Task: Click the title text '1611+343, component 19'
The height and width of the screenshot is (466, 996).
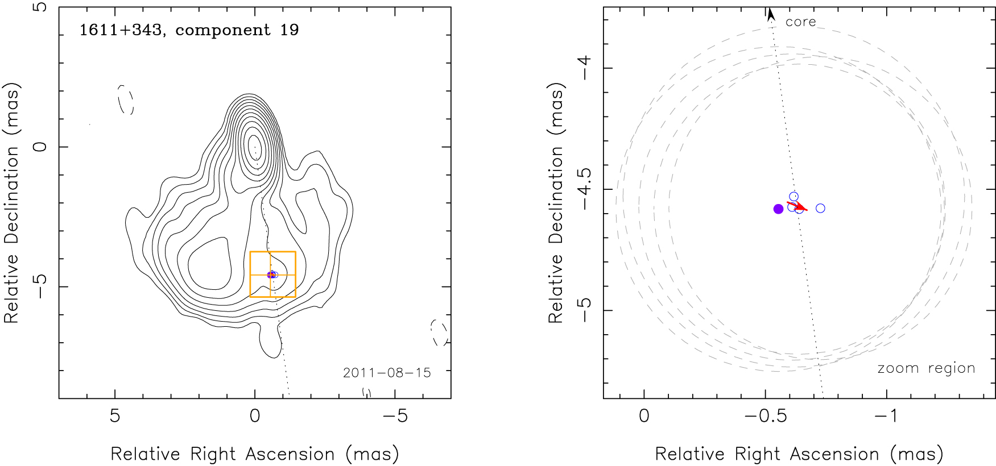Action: pyautogui.click(x=189, y=30)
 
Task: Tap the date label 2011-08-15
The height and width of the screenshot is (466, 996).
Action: pyautogui.click(x=386, y=373)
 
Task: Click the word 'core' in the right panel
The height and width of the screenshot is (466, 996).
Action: pyautogui.click(x=800, y=22)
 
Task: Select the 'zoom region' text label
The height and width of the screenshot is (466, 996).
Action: pyautogui.click(x=926, y=368)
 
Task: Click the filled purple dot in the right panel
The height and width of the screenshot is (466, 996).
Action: pyautogui.click(x=778, y=209)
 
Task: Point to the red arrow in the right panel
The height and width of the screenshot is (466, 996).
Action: pyautogui.click(x=797, y=206)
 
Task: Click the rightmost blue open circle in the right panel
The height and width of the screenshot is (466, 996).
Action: pyautogui.click(x=820, y=209)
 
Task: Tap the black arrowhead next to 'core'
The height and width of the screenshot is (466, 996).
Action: pyautogui.click(x=771, y=15)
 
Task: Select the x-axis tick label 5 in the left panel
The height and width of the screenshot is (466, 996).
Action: pyautogui.click(x=115, y=416)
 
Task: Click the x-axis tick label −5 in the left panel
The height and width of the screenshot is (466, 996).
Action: pyautogui.click(x=395, y=416)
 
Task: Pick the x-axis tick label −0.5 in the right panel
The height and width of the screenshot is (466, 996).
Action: pyautogui.click(x=766, y=416)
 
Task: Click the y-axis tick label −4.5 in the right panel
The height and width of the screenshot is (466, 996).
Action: pyautogui.click(x=584, y=189)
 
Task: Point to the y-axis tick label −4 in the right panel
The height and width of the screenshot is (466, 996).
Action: pyautogui.click(x=584, y=68)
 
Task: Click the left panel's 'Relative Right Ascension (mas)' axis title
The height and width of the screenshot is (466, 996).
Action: pyautogui.click(x=254, y=454)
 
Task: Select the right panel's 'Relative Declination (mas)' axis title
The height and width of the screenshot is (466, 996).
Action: pyautogui.click(x=556, y=203)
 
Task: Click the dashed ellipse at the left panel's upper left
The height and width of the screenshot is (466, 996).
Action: pyautogui.click(x=126, y=100)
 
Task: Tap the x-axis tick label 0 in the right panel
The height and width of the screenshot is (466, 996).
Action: pyautogui.click(x=644, y=416)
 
